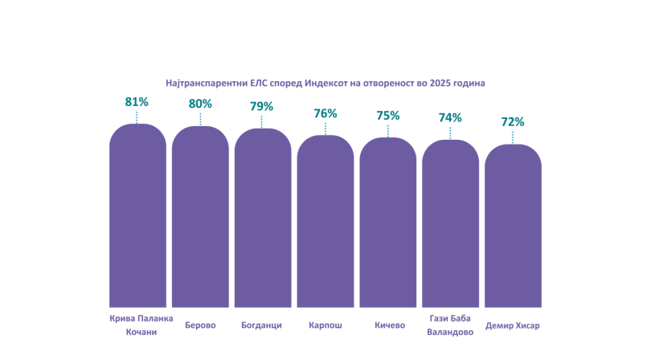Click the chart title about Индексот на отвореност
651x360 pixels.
click(325, 83)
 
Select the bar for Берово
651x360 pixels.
click(200, 217)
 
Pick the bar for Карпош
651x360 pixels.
click(325, 222)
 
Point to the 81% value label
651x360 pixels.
click(137, 102)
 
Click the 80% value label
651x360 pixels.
click(200, 104)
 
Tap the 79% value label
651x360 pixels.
click(262, 106)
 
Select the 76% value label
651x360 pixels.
click(325, 113)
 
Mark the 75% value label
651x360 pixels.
click(387, 116)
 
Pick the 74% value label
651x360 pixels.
click(450, 117)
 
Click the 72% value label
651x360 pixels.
click(513, 122)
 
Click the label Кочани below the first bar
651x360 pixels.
click(137, 332)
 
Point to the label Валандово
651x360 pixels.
click(450, 332)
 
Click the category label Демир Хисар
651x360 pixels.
click(513, 325)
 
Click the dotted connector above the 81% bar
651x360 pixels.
click(137, 117)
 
